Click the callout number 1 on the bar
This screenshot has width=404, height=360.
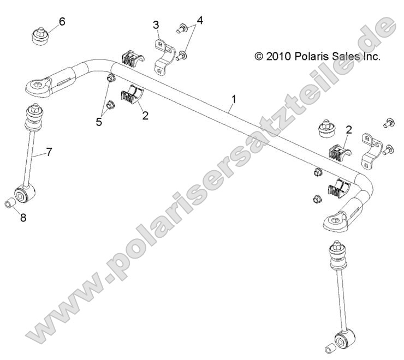click(x=234, y=99)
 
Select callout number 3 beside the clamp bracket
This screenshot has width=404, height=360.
click(x=156, y=25)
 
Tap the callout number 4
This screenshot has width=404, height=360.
click(x=200, y=21)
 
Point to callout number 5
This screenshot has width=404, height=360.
click(x=99, y=122)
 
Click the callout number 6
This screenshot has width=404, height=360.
click(x=62, y=21)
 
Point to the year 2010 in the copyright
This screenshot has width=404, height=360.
click(x=279, y=56)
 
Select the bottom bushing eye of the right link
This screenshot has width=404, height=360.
click(x=344, y=341)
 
